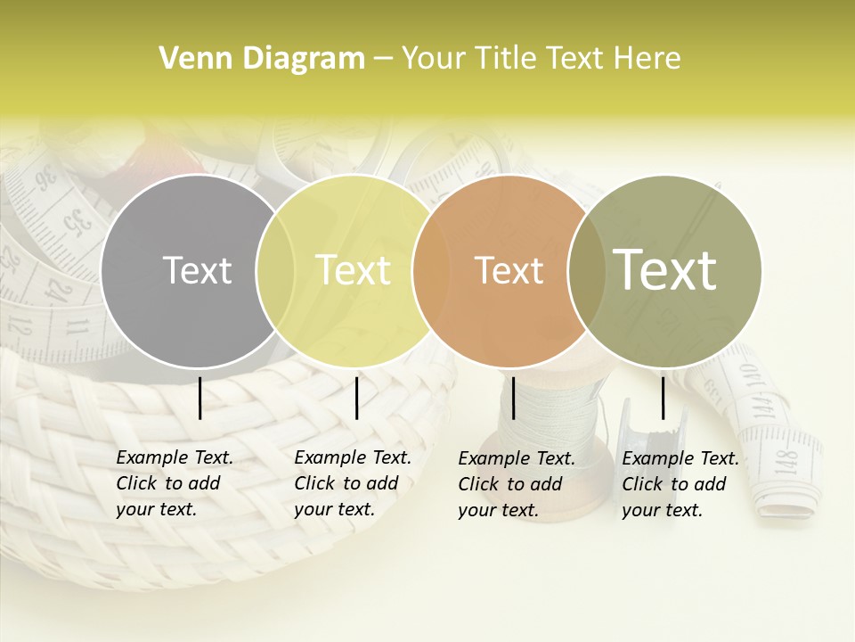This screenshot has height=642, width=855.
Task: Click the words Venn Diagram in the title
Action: pos(262,58)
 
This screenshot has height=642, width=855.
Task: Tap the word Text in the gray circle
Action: pos(197,270)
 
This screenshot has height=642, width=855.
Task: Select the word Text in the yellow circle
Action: pos(354,270)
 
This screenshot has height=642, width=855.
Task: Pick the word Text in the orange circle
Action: pos(509,270)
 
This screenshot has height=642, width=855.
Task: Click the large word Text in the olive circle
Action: pos(665,269)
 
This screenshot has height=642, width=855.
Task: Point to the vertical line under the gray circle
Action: pos(200,398)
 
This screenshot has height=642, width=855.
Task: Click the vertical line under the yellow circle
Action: pos(356,398)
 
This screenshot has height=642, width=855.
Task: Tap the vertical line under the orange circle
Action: pos(514,398)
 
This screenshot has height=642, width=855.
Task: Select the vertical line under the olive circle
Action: pos(664,398)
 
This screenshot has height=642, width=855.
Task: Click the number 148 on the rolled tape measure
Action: pos(786,461)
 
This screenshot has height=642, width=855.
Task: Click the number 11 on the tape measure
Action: pos(80,327)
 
